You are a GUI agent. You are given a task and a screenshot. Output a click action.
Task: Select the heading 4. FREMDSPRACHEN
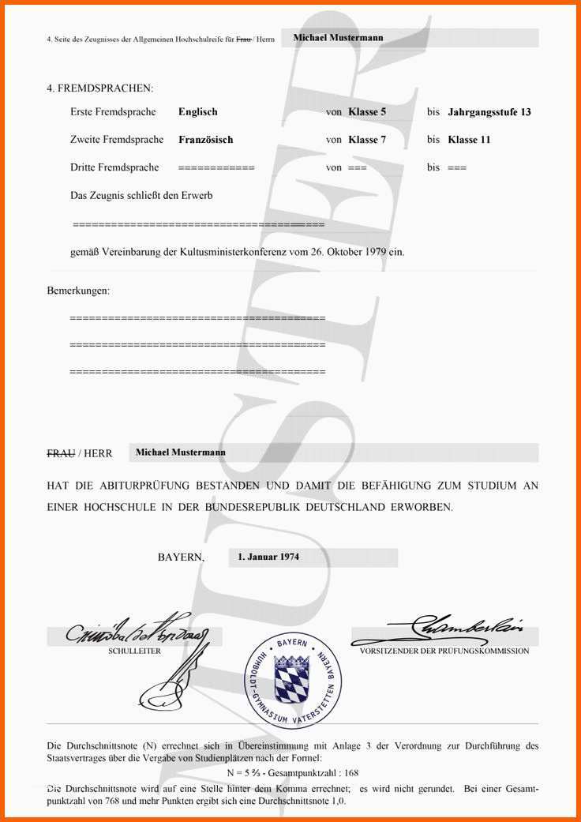click(x=99, y=88)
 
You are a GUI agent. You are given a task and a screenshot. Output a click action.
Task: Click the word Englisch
click(x=198, y=112)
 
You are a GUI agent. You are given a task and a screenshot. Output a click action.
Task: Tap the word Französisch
click(x=206, y=140)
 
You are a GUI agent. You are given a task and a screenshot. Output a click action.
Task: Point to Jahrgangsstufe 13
click(x=489, y=112)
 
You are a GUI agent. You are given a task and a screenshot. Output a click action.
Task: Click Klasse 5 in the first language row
click(x=367, y=112)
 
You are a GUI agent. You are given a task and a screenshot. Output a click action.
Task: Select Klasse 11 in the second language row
click(x=469, y=140)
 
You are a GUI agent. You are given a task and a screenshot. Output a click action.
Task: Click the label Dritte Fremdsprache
click(x=114, y=167)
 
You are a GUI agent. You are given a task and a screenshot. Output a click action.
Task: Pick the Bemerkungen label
click(x=78, y=291)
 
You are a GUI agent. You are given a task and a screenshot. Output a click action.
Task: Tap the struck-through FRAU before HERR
click(x=61, y=454)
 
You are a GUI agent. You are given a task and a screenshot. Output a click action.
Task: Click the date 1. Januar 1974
click(x=268, y=557)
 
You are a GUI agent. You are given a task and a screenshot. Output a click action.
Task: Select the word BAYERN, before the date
click(x=181, y=557)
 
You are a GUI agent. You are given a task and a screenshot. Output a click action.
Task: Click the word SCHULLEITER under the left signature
click(x=134, y=651)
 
